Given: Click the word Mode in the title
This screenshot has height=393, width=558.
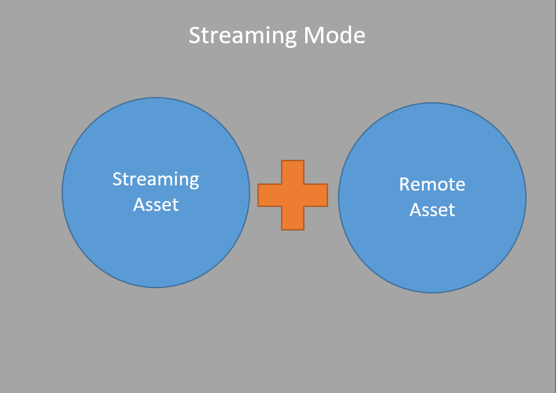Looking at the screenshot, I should (334, 35).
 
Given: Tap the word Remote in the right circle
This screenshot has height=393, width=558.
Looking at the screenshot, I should (432, 185).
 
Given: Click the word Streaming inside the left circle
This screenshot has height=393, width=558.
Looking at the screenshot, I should (156, 179).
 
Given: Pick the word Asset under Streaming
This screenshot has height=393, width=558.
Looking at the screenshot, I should (156, 204).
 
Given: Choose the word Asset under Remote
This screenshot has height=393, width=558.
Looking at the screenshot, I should (432, 210).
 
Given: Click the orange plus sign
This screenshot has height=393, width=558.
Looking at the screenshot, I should (293, 195).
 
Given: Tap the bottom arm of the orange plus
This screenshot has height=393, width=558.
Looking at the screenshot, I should (293, 218).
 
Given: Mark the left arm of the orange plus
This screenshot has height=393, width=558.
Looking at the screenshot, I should (269, 195).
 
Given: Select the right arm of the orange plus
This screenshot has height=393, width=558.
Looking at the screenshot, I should (316, 195).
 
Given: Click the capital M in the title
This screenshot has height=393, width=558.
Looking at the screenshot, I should (314, 35).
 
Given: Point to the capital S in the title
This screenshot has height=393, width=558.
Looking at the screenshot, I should (195, 35).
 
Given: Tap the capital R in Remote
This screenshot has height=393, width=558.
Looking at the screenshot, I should (405, 185).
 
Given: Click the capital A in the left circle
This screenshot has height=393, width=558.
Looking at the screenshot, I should (139, 204).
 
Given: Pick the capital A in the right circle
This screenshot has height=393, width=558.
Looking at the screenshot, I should (415, 210).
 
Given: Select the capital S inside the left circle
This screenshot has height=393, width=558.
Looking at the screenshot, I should (117, 179).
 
